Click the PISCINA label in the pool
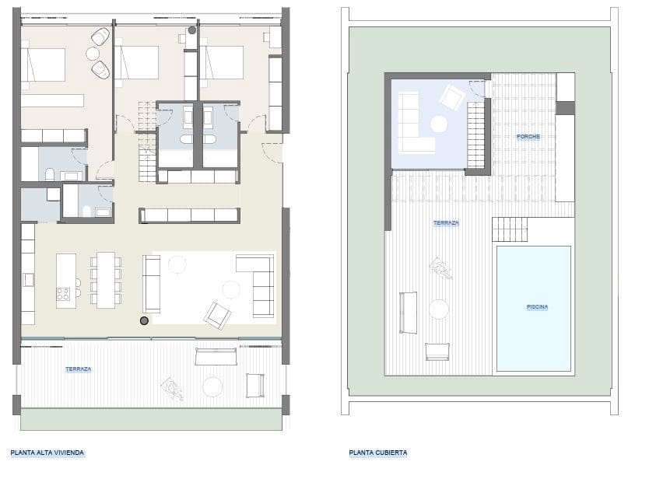tap(537, 306)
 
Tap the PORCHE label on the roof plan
tap(528, 137)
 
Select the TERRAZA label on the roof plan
tap(446, 223)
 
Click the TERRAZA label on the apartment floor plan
tap(79, 369)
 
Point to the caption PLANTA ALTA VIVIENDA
tap(47, 452)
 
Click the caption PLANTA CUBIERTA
tap(378, 452)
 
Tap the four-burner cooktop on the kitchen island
tap(63, 293)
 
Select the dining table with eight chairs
tap(106, 279)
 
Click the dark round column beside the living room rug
tap(144, 320)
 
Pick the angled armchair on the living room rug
tap(217, 314)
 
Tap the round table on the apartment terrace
tap(212, 386)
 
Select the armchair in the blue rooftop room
tap(451, 98)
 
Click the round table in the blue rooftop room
tap(439, 123)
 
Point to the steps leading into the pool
tap(510, 230)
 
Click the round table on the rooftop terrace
tap(438, 309)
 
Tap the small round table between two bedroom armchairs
tap(93, 54)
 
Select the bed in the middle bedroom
tap(137, 62)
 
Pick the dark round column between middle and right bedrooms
tap(192, 31)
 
